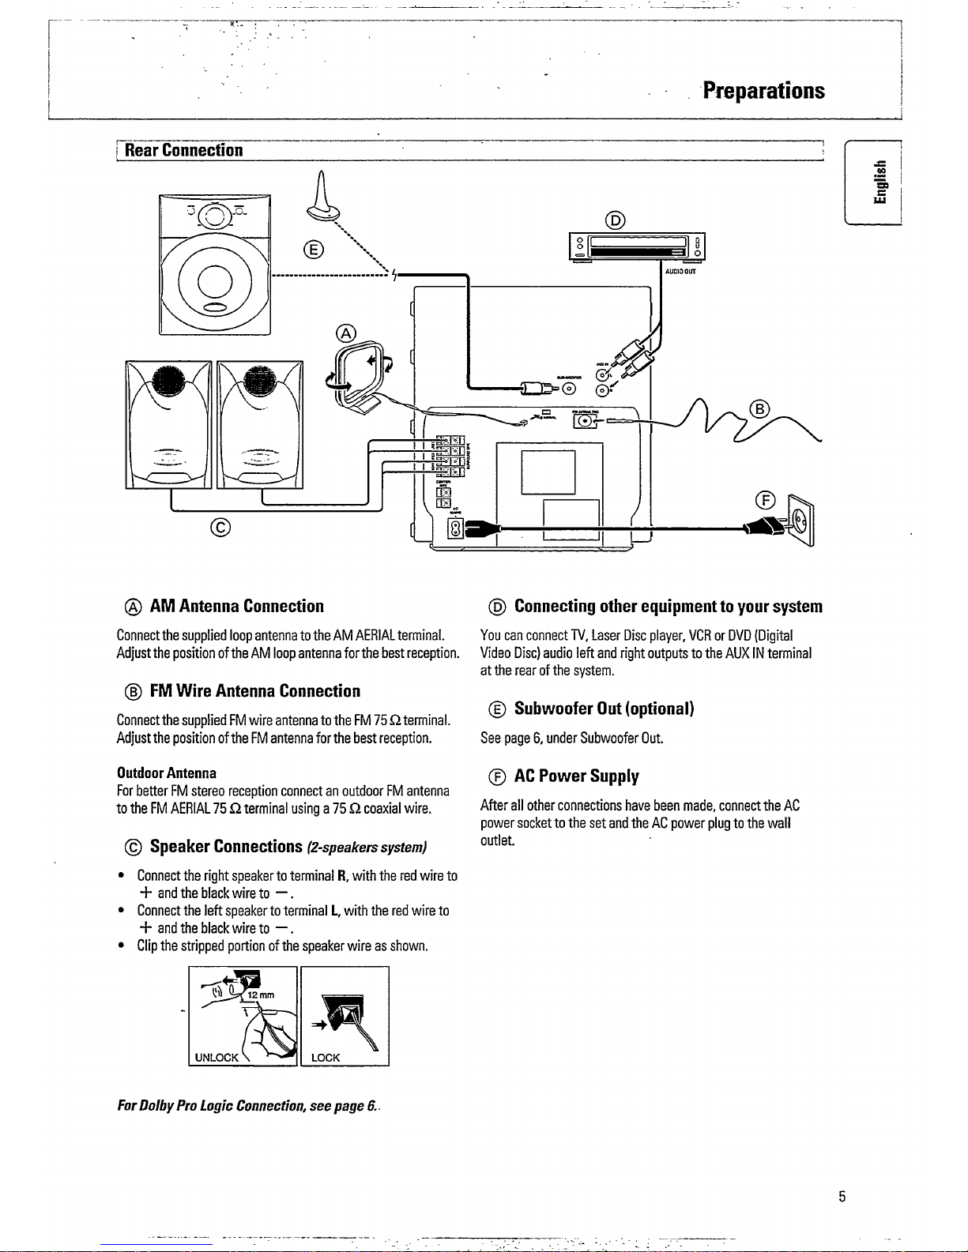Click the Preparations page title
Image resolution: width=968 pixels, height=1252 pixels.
(x=763, y=91)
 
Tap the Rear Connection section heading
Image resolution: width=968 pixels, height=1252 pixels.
(x=183, y=150)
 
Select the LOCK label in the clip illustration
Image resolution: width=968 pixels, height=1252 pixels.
(x=326, y=1057)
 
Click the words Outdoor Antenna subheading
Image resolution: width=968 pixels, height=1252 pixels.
(x=166, y=773)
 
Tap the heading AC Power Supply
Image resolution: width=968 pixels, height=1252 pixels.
(x=576, y=776)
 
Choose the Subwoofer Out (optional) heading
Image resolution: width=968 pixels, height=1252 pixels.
(x=604, y=709)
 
